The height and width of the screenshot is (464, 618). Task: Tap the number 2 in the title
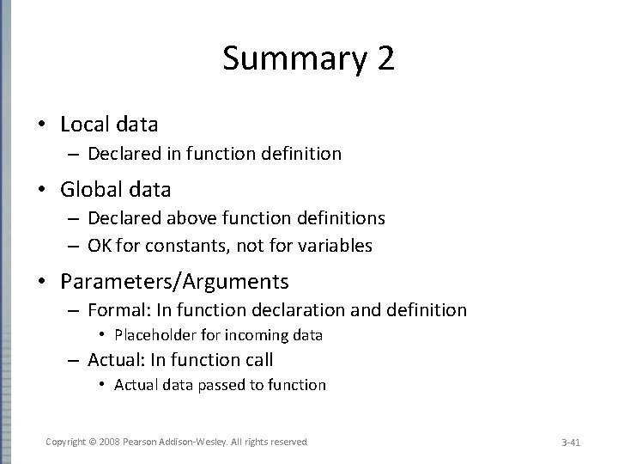point(384,60)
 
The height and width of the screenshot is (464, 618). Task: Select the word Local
point(85,125)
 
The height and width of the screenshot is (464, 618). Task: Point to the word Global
point(89,189)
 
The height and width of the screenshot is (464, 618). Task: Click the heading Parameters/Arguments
point(174,281)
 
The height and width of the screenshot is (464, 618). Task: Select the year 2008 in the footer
point(110,442)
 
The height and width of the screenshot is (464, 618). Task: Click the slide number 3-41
point(571,443)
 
